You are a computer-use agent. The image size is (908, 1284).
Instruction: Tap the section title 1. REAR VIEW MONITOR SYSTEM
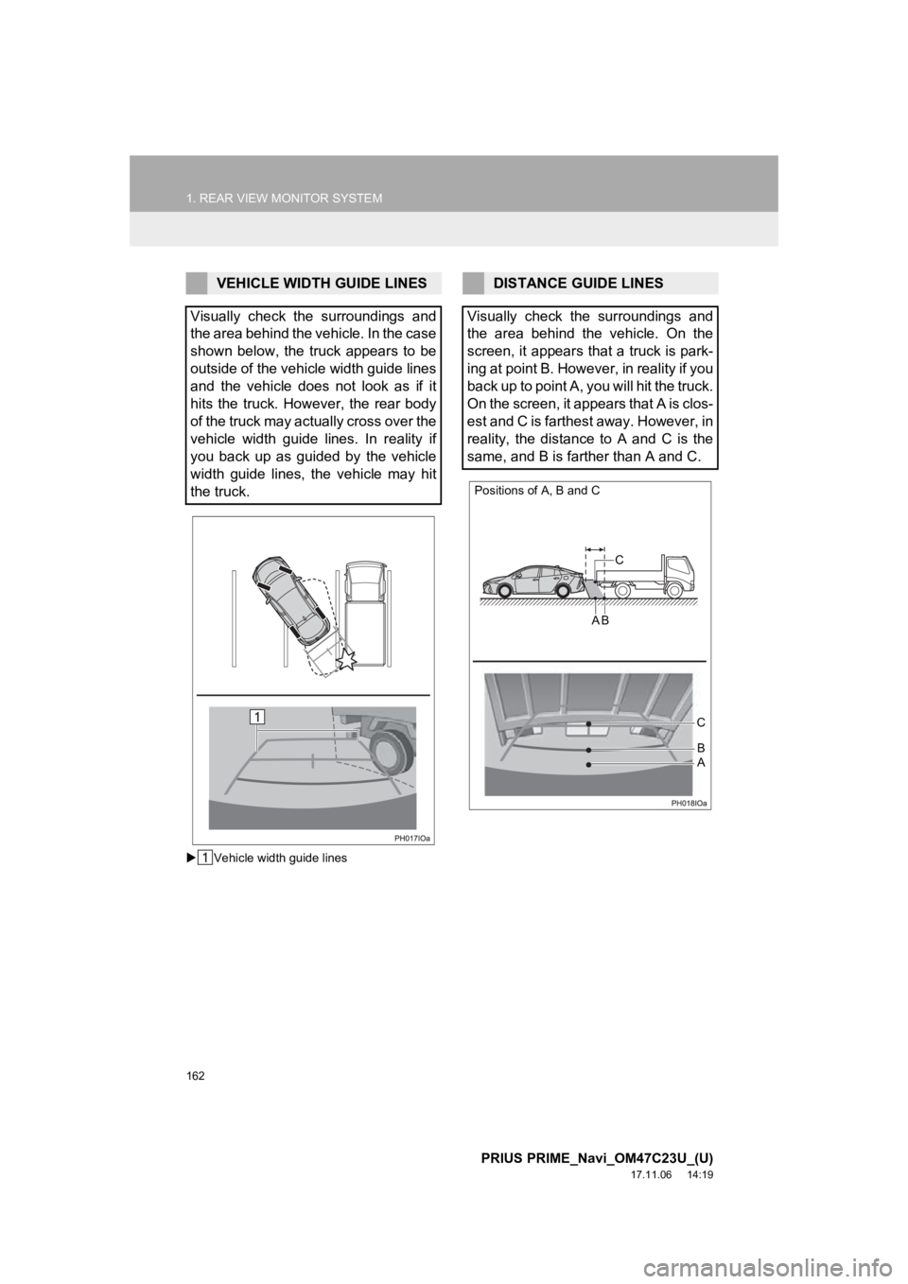click(x=284, y=199)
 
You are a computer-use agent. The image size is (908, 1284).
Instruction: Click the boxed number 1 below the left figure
click(x=204, y=858)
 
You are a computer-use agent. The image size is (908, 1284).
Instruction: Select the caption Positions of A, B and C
click(x=537, y=491)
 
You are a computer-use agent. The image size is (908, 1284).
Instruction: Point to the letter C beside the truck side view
click(x=619, y=560)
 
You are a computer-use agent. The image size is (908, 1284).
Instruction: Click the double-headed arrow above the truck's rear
click(x=594, y=547)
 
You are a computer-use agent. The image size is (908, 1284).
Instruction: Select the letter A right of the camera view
click(x=700, y=761)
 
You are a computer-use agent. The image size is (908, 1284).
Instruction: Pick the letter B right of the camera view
click(x=700, y=746)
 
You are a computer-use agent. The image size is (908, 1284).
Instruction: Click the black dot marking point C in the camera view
click(x=587, y=723)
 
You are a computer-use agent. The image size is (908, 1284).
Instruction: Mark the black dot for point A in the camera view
click(x=587, y=763)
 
